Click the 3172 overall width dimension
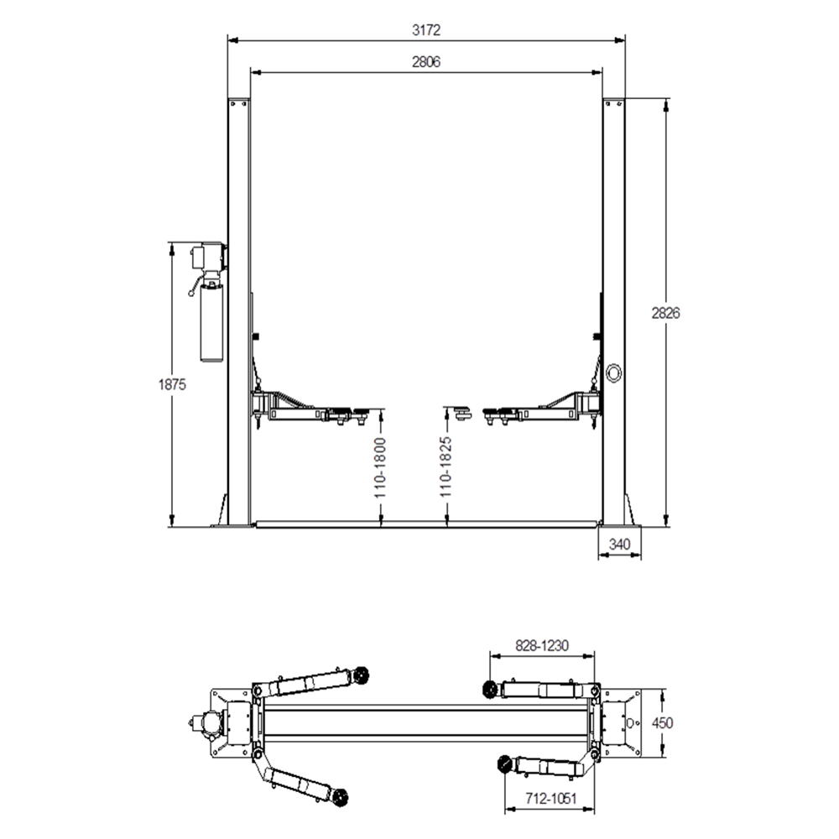[x=426, y=30]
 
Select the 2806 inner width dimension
[x=426, y=62]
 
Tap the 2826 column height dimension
[x=665, y=313]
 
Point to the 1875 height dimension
[x=172, y=384]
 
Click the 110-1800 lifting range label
[x=380, y=467]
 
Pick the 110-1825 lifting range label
[x=446, y=466]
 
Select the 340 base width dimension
[x=620, y=545]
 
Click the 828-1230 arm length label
[x=542, y=646]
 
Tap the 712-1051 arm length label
[x=551, y=799]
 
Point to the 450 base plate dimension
[x=663, y=723]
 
